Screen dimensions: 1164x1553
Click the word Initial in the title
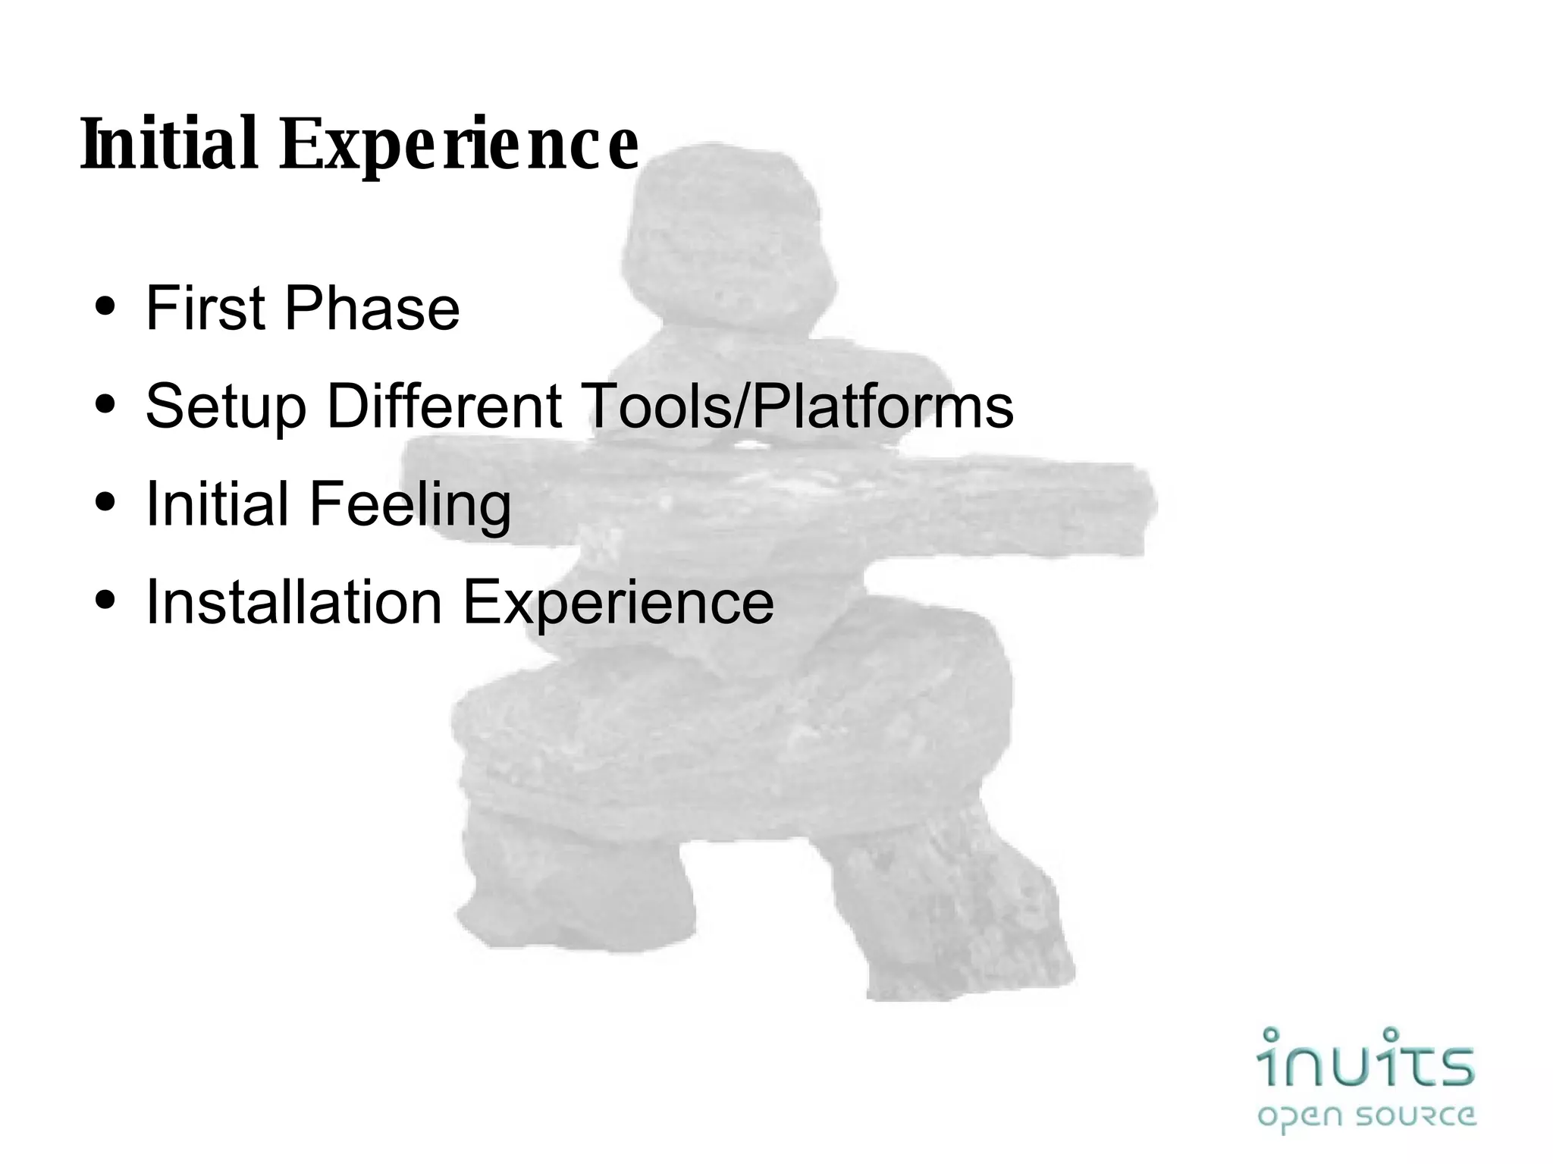click(x=169, y=144)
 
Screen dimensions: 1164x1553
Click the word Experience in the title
click(x=459, y=146)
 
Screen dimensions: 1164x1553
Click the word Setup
click(x=225, y=407)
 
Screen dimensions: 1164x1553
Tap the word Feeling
click(x=410, y=504)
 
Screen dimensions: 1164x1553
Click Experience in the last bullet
click(x=618, y=604)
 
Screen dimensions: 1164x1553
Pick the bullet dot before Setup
click(x=106, y=405)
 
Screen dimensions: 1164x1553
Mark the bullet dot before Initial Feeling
click(x=106, y=502)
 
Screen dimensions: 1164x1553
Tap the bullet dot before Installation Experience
click(x=106, y=600)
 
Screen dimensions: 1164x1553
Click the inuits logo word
click(x=1366, y=1060)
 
